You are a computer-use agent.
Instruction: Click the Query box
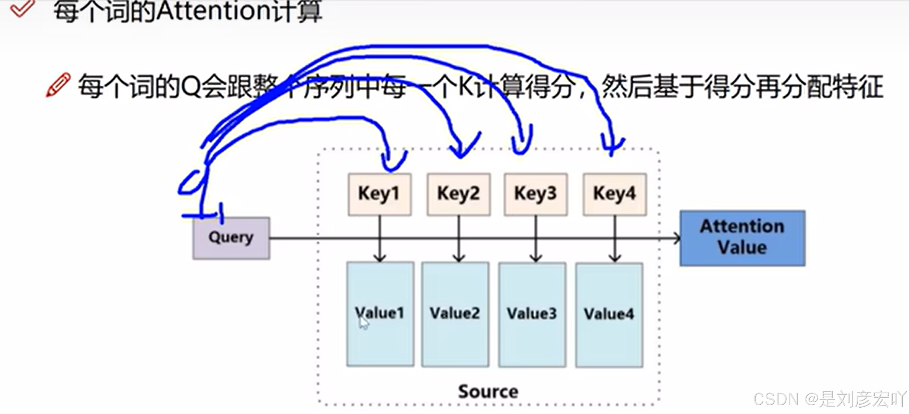[231, 238]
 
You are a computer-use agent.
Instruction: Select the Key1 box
[380, 194]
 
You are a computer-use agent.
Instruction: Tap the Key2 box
[458, 194]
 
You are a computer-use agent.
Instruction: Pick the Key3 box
[535, 194]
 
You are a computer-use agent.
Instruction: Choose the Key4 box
[614, 194]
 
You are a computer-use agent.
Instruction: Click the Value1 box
[380, 314]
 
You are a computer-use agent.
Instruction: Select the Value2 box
[455, 314]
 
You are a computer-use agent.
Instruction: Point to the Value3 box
[532, 314]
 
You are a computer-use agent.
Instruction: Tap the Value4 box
[609, 315]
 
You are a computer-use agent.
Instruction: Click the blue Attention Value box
[742, 238]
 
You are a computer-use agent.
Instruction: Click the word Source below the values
[488, 392]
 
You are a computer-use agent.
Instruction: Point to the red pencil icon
[58, 85]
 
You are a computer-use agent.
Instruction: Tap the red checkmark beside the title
[22, 8]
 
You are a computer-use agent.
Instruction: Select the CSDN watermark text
[829, 399]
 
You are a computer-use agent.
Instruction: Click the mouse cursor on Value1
[363, 322]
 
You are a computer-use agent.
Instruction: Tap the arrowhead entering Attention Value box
[676, 238]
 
